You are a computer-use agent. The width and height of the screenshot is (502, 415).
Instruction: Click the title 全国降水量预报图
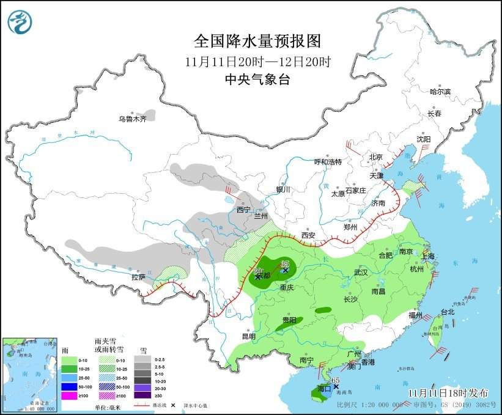click(257, 41)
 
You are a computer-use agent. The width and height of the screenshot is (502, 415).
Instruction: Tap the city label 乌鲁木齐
click(133, 119)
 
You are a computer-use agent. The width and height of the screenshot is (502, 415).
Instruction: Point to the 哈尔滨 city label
click(439, 92)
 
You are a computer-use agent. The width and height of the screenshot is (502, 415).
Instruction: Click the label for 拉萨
click(138, 277)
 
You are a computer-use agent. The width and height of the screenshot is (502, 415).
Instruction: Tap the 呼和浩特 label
click(328, 162)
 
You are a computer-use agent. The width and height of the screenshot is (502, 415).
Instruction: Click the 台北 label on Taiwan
click(448, 312)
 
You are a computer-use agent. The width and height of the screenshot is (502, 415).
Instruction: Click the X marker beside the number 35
click(285, 270)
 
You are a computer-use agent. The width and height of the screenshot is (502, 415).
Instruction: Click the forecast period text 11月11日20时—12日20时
click(257, 62)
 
